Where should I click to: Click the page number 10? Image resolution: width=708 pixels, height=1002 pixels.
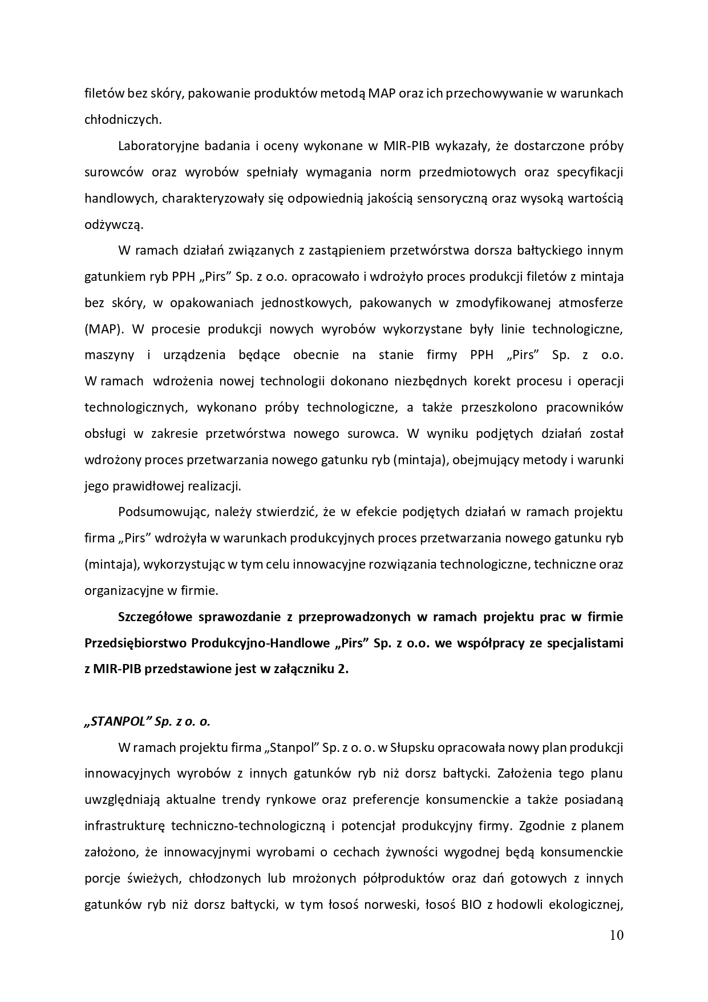(616, 935)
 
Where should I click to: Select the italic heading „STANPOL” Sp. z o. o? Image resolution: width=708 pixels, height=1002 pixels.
(147, 721)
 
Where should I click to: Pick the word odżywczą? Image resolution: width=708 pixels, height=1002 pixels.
(114, 224)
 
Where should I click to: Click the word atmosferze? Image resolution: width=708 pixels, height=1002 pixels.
(590, 303)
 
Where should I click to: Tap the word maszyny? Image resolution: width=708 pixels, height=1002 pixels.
(109, 355)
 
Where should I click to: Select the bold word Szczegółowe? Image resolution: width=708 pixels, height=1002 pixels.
(154, 617)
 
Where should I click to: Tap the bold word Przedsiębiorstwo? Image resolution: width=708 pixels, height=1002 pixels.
(135, 643)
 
